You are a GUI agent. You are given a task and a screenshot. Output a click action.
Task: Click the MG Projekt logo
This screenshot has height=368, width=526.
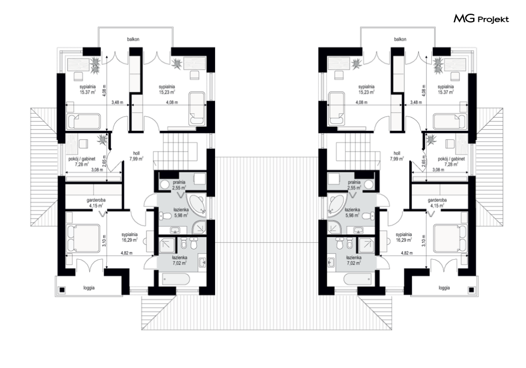pyautogui.click(x=481, y=19)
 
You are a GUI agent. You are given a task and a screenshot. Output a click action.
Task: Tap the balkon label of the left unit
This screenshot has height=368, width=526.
pyautogui.click(x=133, y=39)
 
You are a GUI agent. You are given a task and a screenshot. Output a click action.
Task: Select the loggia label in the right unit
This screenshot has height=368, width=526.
pyautogui.click(x=444, y=288)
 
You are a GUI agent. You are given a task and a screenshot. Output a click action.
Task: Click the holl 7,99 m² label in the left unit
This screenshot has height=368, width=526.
pyautogui.click(x=136, y=156)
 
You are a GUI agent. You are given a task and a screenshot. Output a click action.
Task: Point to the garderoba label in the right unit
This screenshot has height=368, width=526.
pyautogui.click(x=437, y=200)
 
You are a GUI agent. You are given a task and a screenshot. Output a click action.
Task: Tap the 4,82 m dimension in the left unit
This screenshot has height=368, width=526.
pyautogui.click(x=126, y=253)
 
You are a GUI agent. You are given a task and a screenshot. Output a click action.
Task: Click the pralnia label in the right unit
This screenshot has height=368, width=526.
pyautogui.click(x=354, y=182)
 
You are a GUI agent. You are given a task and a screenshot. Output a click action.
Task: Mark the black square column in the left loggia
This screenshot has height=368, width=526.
pyautogui.click(x=62, y=290)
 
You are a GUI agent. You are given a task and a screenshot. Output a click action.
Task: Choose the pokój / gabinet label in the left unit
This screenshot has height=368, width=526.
pyautogui.click(x=82, y=159)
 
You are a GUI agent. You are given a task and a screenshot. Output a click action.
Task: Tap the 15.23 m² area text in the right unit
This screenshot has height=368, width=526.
pyautogui.click(x=366, y=91)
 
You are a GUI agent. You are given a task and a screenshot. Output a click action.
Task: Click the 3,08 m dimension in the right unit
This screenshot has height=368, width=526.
pyautogui.click(x=438, y=169)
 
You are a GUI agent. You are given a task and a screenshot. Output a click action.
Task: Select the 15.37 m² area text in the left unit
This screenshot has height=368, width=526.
pyautogui.click(x=88, y=91)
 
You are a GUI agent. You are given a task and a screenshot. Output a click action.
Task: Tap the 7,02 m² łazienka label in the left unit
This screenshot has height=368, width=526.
pyautogui.click(x=179, y=260)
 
